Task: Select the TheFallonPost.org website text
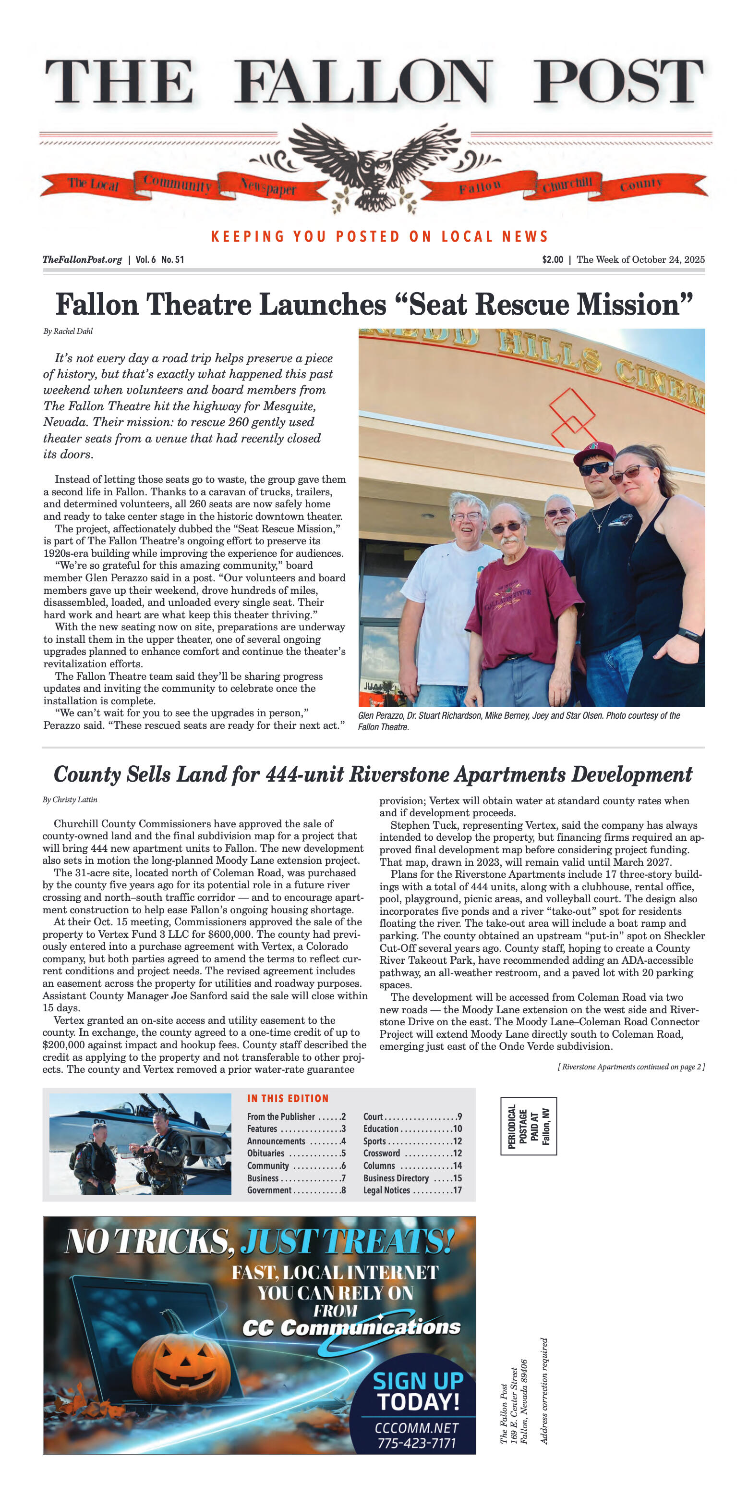click(82, 260)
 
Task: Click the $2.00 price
click(552, 260)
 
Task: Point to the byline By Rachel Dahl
click(68, 331)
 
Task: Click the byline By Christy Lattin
click(70, 799)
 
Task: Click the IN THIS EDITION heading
click(288, 1098)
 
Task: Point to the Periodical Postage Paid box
click(529, 1126)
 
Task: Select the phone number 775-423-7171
click(416, 1443)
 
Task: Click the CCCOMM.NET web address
click(416, 1428)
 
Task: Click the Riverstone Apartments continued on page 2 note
click(631, 1067)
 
